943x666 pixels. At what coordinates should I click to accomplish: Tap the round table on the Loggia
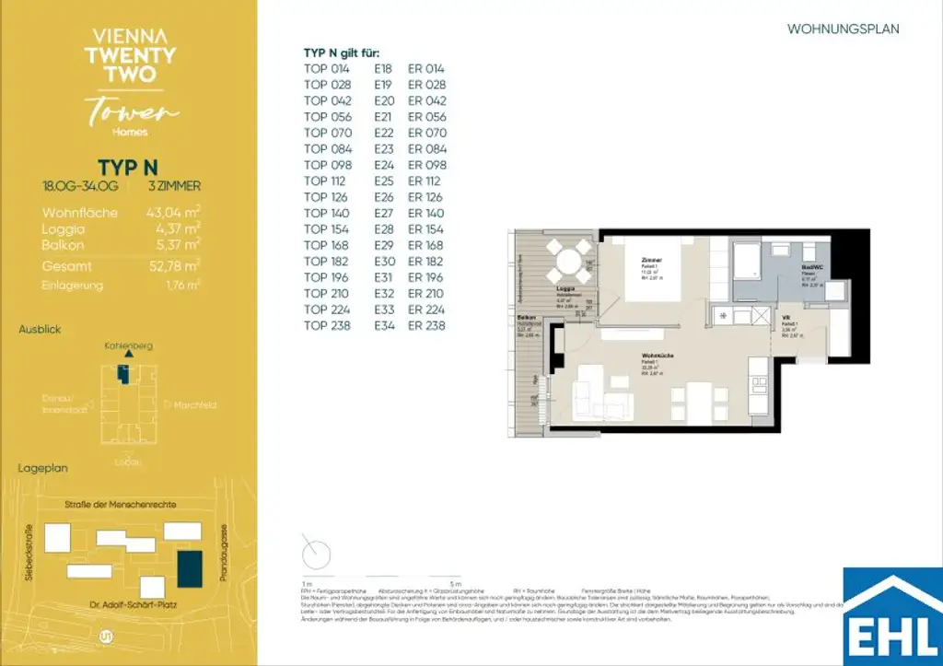pos(567,259)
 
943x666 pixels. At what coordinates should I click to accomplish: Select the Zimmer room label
pos(653,261)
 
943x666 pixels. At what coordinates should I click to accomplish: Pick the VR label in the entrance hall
pos(786,316)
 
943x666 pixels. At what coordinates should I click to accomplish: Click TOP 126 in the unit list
pos(327,196)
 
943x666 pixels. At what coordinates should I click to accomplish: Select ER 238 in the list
pos(426,325)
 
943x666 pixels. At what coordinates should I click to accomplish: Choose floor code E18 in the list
pos(383,68)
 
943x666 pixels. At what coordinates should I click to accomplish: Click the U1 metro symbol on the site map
pos(105,636)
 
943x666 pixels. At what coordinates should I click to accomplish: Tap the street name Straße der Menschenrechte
pos(115,505)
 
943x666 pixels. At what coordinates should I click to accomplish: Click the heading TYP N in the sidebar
pos(127,167)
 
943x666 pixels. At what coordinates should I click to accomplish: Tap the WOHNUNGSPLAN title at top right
pos(843,29)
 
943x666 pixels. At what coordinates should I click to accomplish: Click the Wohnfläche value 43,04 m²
pos(173,213)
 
